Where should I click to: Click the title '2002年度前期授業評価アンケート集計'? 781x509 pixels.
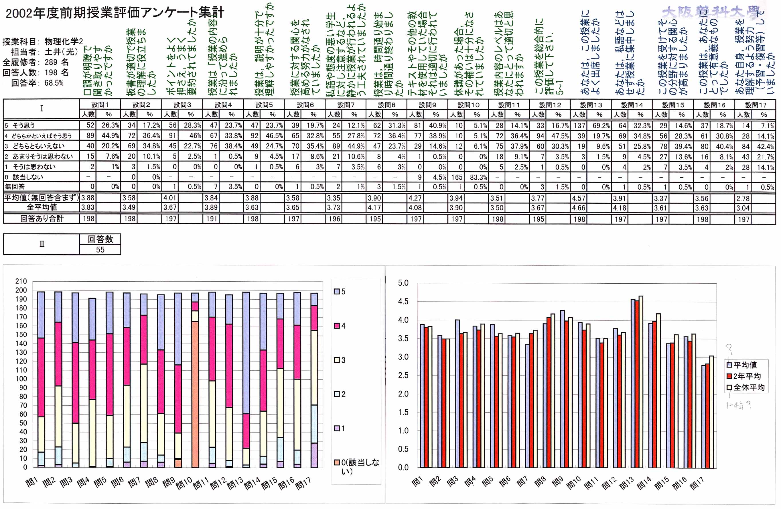coord(115,13)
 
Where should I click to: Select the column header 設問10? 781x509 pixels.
coord(468,105)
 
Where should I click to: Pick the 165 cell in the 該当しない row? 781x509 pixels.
coord(457,177)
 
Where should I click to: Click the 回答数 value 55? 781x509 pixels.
coord(100,249)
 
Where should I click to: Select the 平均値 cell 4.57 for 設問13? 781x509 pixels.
coord(579,198)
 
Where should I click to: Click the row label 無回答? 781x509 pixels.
coord(15,186)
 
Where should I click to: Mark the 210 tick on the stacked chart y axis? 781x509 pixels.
coord(21,281)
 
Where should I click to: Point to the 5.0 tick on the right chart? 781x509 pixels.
coord(403,283)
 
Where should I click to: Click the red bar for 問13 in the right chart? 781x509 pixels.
coord(637,384)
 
